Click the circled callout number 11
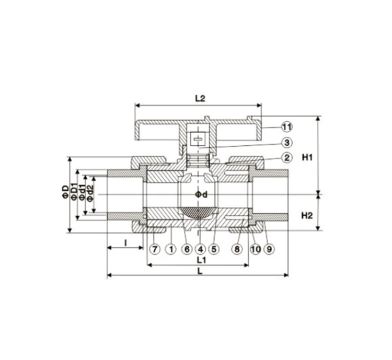pyautogui.click(x=287, y=127)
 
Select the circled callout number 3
pyautogui.click(x=287, y=143)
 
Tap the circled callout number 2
pyautogui.click(x=287, y=158)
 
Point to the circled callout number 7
pyautogui.click(x=155, y=249)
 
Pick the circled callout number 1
pyautogui.click(x=171, y=249)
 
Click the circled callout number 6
pyautogui.click(x=187, y=249)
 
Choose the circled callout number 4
pyautogui.click(x=200, y=249)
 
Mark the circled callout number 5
pyautogui.click(x=214, y=249)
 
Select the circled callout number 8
pyautogui.click(x=237, y=249)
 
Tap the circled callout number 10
pyautogui.click(x=256, y=249)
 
